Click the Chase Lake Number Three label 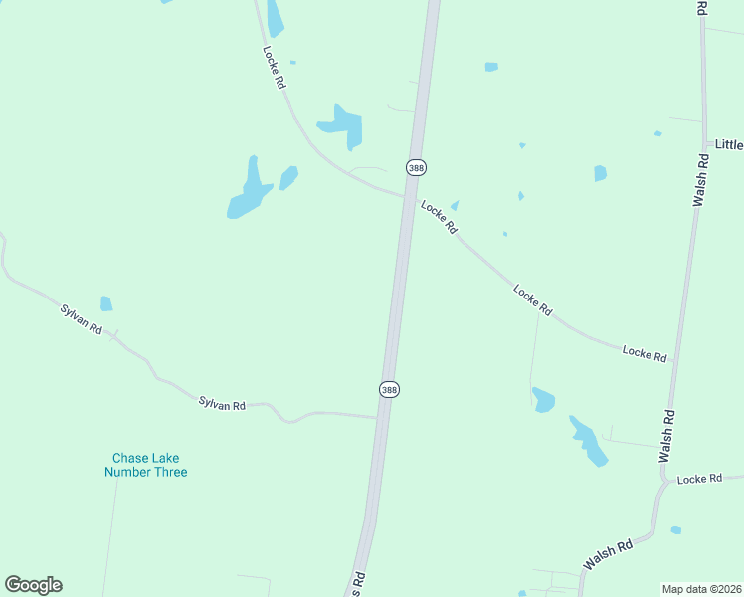pos(145,465)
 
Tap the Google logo pos(33,585)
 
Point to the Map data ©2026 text pos(701,589)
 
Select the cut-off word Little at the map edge pos(728,144)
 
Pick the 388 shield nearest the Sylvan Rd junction pos(389,390)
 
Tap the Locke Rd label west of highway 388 pos(274,68)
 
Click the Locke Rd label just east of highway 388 pos(439,217)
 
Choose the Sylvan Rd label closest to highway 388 pos(222,403)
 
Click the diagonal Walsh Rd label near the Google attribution pos(608,555)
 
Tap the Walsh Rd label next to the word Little pos(700,179)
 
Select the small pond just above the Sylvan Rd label pos(106,303)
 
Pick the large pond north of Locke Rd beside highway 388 pos(342,126)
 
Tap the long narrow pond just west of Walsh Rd pos(588,440)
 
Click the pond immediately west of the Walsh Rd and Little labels pos(600,173)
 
